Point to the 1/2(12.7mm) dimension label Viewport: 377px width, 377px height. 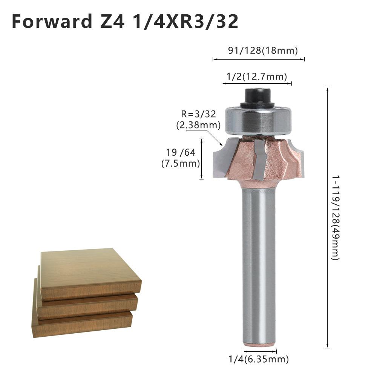click(x=256, y=77)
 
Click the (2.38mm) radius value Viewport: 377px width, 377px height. click(x=198, y=125)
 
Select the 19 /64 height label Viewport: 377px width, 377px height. click(x=181, y=153)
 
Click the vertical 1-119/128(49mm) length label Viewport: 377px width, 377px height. click(x=336, y=217)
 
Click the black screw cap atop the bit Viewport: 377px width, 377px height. click(x=258, y=97)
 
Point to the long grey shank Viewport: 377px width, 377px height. click(x=259, y=264)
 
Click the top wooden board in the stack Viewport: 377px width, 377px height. click(x=90, y=271)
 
